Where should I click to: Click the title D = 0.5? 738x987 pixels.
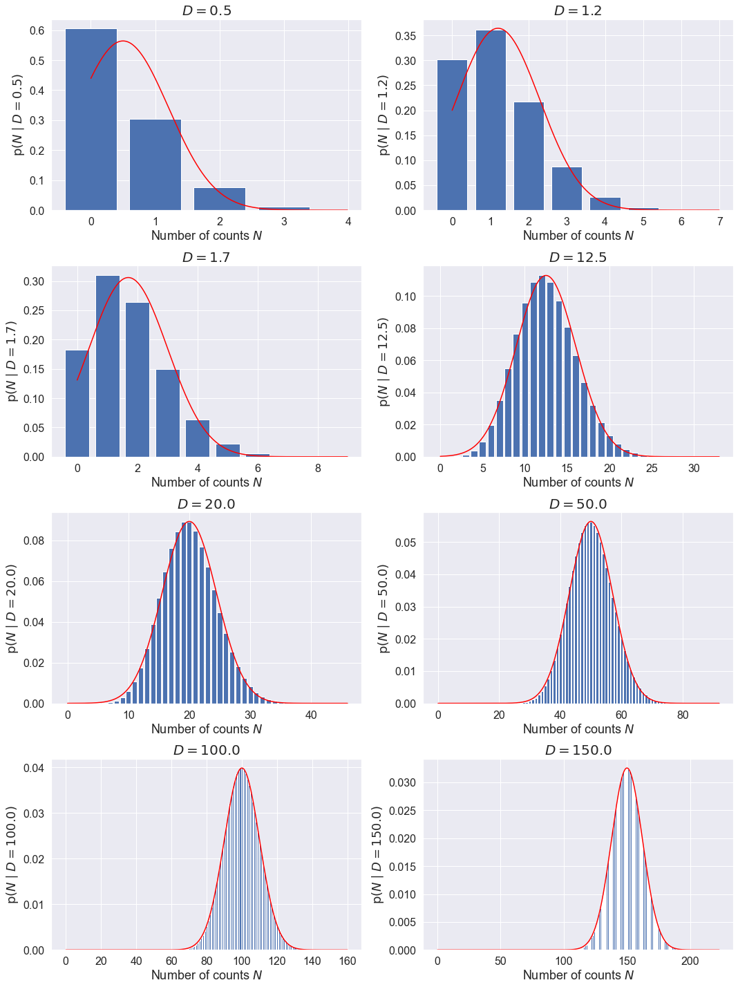click(207, 10)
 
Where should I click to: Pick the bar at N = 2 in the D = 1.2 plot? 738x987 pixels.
click(529, 156)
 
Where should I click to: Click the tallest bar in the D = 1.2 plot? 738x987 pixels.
click(491, 120)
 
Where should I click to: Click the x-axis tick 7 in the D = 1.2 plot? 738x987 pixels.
click(720, 222)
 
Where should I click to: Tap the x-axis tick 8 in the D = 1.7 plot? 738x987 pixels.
click(318, 469)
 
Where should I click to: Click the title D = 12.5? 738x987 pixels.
click(578, 257)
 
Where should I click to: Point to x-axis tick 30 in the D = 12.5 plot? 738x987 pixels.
click(694, 469)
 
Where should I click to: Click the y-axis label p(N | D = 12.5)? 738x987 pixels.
click(384, 361)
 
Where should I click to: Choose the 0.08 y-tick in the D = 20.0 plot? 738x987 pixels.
click(35, 540)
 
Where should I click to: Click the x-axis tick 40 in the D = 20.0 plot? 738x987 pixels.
click(311, 715)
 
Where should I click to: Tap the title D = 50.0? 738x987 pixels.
click(578, 504)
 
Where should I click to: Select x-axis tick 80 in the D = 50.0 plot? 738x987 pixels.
click(683, 715)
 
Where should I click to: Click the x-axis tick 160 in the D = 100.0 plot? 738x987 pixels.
click(348, 961)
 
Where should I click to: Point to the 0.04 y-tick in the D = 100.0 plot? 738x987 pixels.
click(35, 768)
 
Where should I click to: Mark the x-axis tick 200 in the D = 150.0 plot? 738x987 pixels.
click(690, 961)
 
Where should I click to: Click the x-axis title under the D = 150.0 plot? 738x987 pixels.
click(578, 975)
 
